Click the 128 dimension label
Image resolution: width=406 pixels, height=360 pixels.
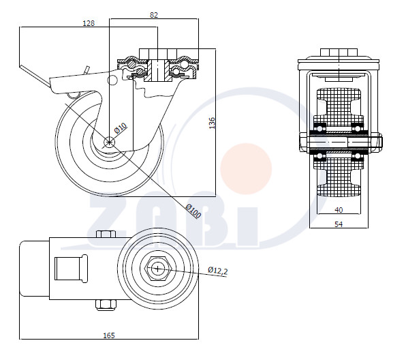[89, 23]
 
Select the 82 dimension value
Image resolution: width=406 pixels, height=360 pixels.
[154, 15]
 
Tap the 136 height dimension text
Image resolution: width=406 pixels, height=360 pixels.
[212, 123]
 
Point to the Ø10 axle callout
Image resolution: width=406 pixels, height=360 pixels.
[121, 128]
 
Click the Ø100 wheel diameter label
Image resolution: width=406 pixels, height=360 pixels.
[193, 211]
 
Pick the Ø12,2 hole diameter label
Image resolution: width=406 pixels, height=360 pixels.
[218, 271]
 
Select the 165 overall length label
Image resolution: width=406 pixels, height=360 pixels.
[109, 335]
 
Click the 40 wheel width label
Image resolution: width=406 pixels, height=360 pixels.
[339, 210]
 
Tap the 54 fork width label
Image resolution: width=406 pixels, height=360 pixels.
[339, 224]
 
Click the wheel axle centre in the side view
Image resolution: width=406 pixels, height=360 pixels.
[109, 142]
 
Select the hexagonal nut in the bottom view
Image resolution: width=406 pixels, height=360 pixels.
[157, 269]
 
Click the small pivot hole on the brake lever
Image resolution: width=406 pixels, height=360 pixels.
[112, 80]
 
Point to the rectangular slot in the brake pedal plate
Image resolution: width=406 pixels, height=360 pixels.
[71, 269]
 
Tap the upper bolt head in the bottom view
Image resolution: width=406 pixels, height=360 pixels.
[106, 234]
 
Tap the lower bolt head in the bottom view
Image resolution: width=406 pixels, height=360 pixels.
[106, 305]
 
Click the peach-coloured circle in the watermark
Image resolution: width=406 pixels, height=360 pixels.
[246, 168]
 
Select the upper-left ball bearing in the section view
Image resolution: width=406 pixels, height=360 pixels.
[319, 129]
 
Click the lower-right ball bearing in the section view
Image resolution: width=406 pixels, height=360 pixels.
[358, 156]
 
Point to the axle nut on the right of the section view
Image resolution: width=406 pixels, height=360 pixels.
[376, 142]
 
